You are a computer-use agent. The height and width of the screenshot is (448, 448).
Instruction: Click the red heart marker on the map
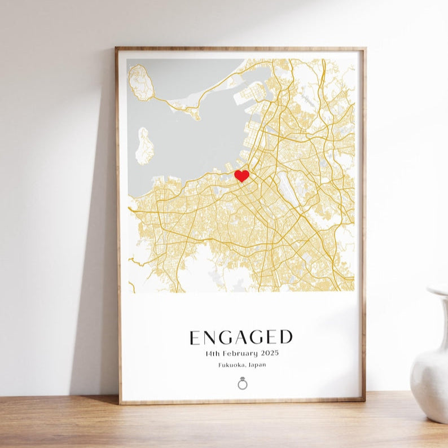[241, 175]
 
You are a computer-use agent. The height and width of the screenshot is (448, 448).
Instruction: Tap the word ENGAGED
[241, 337]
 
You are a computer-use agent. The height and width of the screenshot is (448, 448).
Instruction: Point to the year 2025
[270, 354]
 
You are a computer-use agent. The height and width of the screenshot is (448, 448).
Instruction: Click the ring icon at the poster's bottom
[243, 384]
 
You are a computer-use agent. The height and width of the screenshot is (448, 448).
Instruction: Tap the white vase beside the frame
[432, 367]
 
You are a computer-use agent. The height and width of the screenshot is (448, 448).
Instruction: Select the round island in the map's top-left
[141, 84]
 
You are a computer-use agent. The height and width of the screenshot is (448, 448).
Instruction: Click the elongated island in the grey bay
[144, 146]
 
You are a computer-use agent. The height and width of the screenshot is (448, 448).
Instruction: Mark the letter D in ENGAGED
[286, 337]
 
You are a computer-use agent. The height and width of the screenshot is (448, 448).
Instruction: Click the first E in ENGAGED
[195, 337]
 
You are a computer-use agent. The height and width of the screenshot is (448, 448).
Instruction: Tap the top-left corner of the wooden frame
[117, 49]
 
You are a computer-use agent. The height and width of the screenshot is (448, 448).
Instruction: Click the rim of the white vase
[438, 291]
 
